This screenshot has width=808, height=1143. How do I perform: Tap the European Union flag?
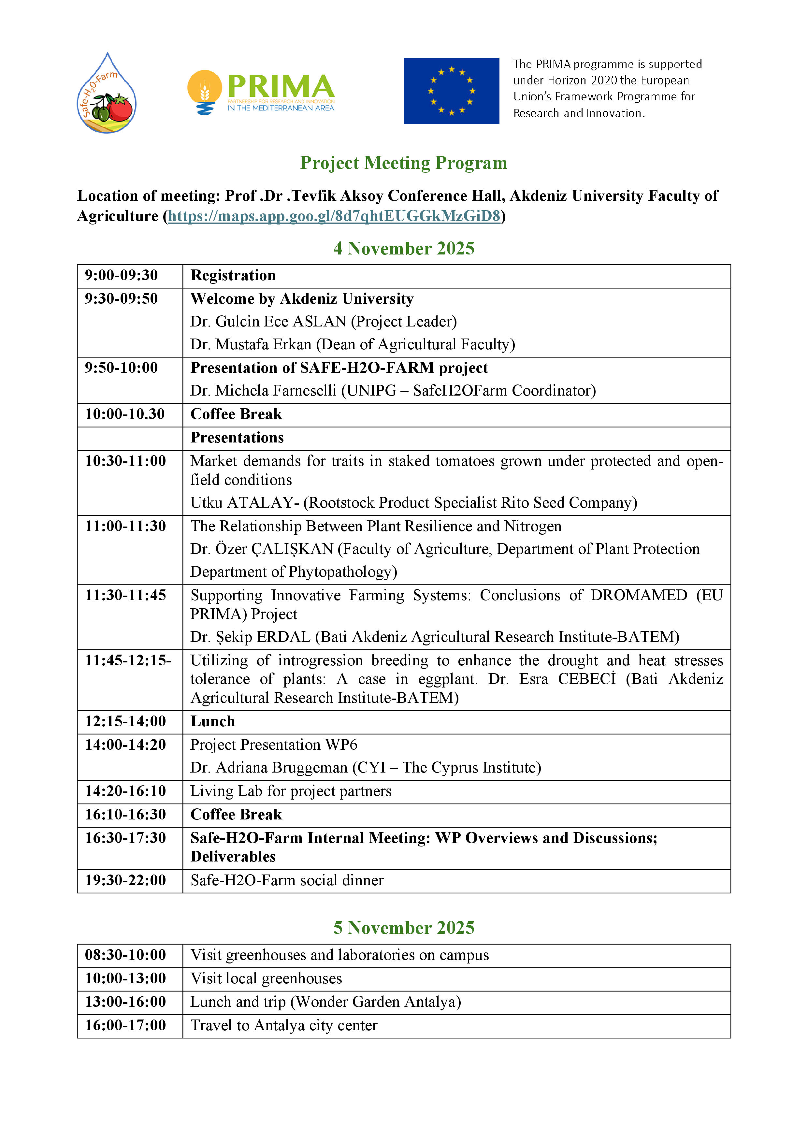coord(451,91)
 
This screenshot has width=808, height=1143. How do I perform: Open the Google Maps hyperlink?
coord(334,216)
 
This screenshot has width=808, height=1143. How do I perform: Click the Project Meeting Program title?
coord(403,163)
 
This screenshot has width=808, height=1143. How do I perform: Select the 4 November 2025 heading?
coord(403,248)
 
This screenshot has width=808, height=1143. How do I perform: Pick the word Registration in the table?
coord(233,275)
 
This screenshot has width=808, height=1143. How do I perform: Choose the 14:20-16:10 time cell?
coord(125,791)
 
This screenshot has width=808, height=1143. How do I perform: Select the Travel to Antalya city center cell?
coord(284,1025)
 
